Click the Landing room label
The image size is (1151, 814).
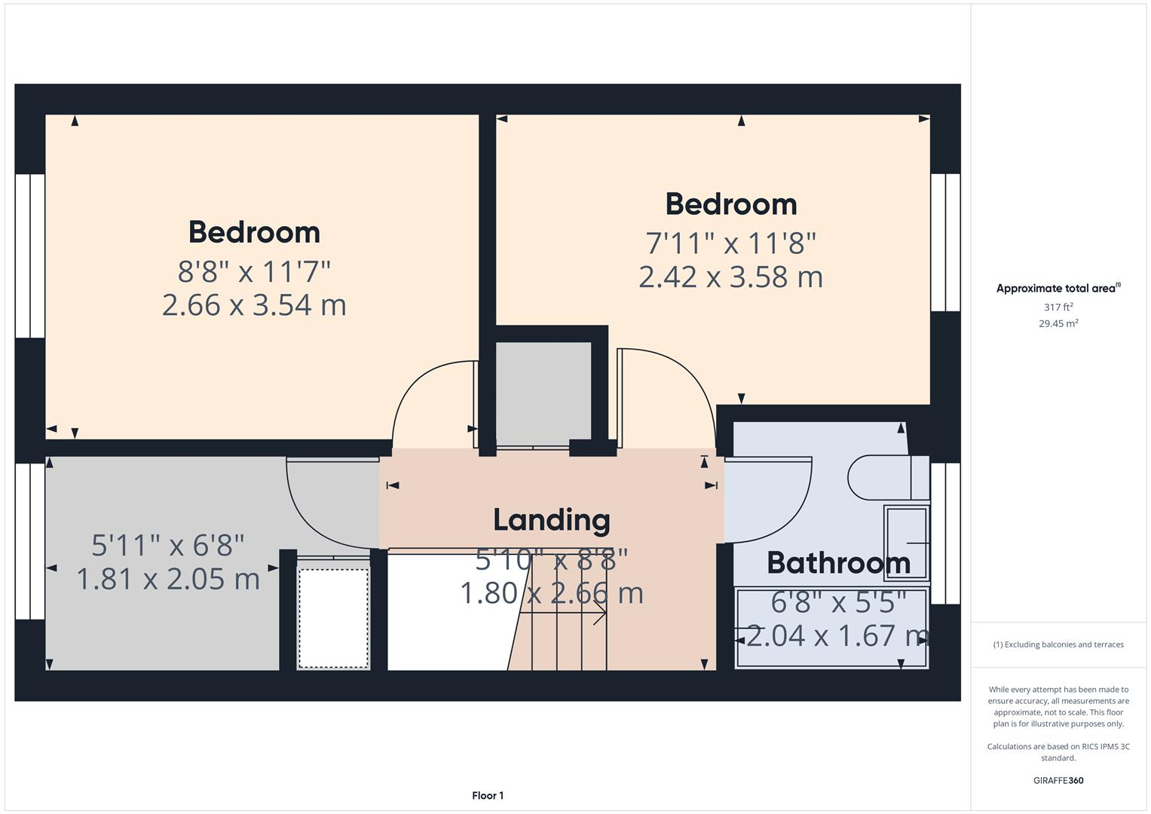[x=551, y=521]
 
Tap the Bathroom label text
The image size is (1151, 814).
[x=839, y=563]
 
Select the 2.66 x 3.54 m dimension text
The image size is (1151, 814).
[x=254, y=305]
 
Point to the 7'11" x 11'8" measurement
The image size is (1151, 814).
[x=730, y=243]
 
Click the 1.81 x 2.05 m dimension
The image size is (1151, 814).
[x=168, y=579]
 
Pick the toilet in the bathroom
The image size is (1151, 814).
[x=888, y=477]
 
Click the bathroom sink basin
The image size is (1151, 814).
[x=907, y=543]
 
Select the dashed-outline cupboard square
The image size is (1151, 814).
[x=333, y=618]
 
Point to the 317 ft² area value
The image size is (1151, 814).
[x=1058, y=308]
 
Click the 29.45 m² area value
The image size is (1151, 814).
[x=1058, y=324]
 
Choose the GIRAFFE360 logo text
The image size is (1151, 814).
[x=1058, y=780]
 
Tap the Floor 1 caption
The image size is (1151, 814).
[x=488, y=795]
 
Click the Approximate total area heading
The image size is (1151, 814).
[x=1058, y=288]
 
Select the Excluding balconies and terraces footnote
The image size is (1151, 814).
[x=1058, y=644]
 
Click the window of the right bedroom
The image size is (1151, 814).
[x=945, y=243]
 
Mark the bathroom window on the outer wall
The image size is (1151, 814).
[x=945, y=534]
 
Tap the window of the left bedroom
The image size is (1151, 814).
[x=30, y=256]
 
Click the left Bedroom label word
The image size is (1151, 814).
[x=254, y=232]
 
